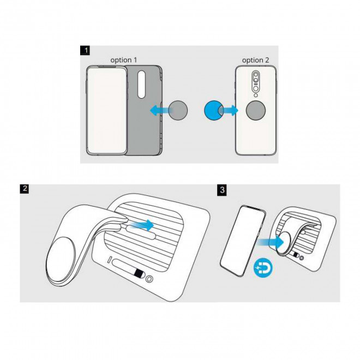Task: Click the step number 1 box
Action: click(x=85, y=52)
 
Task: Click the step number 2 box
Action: click(x=25, y=189)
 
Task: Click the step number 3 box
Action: click(x=222, y=189)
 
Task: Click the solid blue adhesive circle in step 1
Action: click(x=212, y=111)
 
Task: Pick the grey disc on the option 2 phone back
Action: click(x=255, y=111)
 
